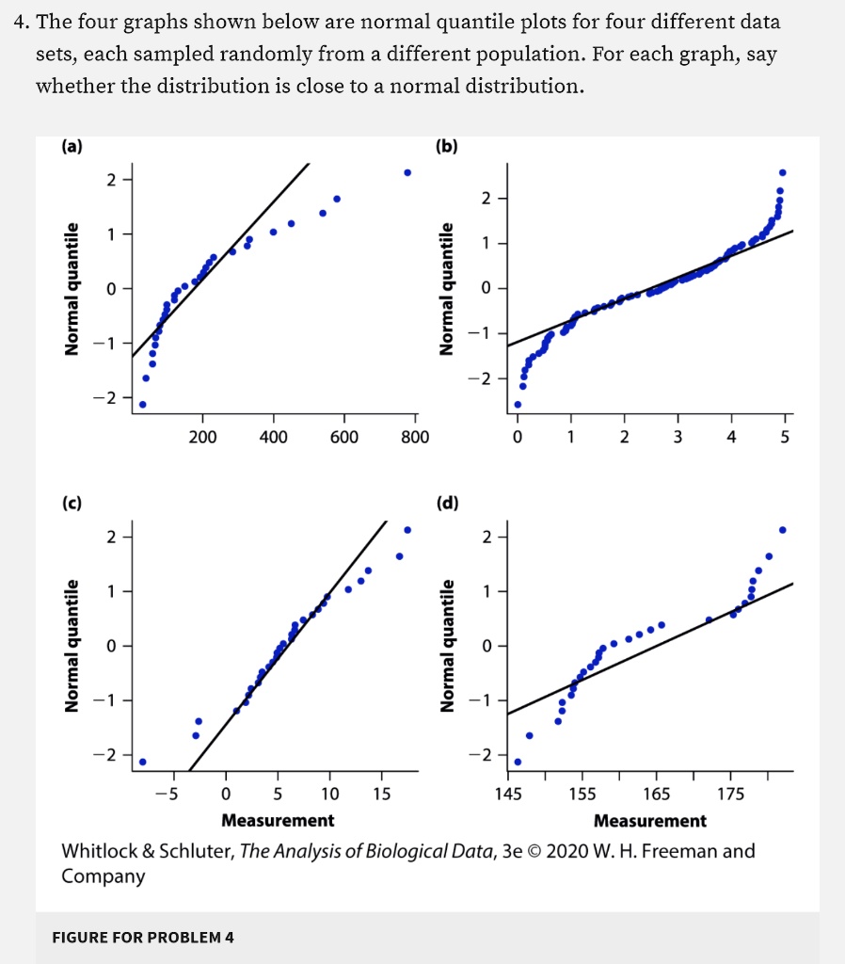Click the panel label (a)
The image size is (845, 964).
pyautogui.click(x=72, y=146)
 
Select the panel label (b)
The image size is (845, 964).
pyautogui.click(x=446, y=146)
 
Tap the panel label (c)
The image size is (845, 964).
pyautogui.click(x=72, y=502)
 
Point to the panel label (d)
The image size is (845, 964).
pyautogui.click(x=446, y=502)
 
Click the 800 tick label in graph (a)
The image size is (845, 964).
pyautogui.click(x=415, y=438)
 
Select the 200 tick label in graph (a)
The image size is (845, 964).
pyautogui.click(x=202, y=438)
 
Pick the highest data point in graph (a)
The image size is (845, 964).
pyautogui.click(x=407, y=172)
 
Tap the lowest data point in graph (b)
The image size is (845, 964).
pyautogui.click(x=518, y=405)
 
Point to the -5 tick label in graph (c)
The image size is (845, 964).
pyautogui.click(x=165, y=794)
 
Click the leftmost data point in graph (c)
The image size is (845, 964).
pyautogui.click(x=142, y=762)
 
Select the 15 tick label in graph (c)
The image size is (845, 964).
pyautogui.click(x=381, y=794)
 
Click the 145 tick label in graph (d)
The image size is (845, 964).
pyautogui.click(x=508, y=794)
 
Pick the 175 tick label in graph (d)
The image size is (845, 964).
pyautogui.click(x=730, y=794)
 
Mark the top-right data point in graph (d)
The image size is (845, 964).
pyautogui.click(x=783, y=529)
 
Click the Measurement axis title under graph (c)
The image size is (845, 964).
pyautogui.click(x=278, y=821)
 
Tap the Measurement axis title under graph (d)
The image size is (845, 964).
pyautogui.click(x=650, y=821)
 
